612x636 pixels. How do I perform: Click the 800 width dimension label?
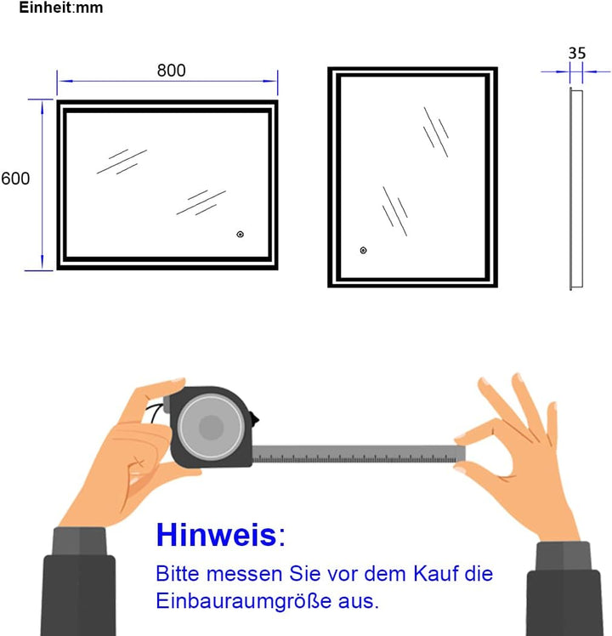coord(171,71)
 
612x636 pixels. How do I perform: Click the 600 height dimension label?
coord(15,179)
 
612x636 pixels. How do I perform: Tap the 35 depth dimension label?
coord(577,53)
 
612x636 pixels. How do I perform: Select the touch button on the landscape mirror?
coord(240,234)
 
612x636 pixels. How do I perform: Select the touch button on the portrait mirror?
coord(363,250)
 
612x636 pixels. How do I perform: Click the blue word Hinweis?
coord(216,535)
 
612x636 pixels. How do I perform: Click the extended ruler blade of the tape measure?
coord(357,454)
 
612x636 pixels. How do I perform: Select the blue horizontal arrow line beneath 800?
coord(167,82)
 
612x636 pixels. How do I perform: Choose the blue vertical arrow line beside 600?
coord(41,185)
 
